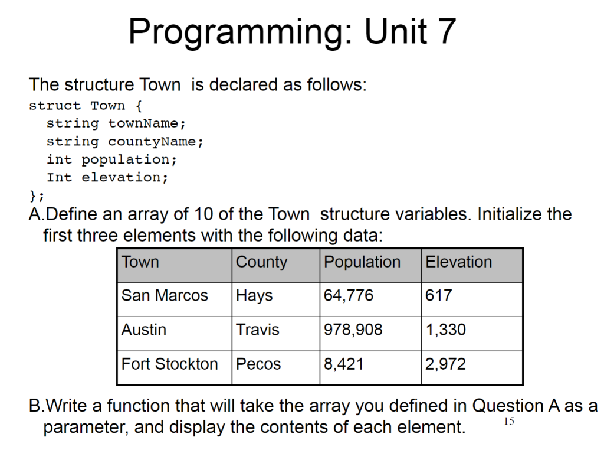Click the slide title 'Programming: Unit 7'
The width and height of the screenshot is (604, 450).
(x=292, y=32)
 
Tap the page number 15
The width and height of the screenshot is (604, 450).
(x=510, y=421)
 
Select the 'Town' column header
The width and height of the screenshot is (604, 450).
(x=140, y=262)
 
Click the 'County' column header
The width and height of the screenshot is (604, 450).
(x=261, y=262)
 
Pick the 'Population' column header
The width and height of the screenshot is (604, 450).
(x=362, y=262)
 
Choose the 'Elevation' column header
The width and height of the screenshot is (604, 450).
(x=458, y=262)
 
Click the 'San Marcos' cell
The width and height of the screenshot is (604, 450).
(x=165, y=295)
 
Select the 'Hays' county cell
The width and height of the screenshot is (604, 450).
(x=254, y=295)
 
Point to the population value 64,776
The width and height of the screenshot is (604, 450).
(x=349, y=295)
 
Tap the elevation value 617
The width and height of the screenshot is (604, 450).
(x=439, y=295)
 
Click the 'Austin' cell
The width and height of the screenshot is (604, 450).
(x=144, y=330)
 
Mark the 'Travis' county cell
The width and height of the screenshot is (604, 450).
(x=258, y=330)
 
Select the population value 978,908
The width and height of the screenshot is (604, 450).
(x=353, y=330)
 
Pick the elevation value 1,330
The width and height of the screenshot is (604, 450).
(x=446, y=330)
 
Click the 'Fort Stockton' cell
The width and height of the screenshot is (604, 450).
(x=169, y=364)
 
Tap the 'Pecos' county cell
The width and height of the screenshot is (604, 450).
(x=258, y=364)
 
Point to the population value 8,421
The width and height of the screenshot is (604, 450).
(x=344, y=364)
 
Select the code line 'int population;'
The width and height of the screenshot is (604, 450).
(x=111, y=159)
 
